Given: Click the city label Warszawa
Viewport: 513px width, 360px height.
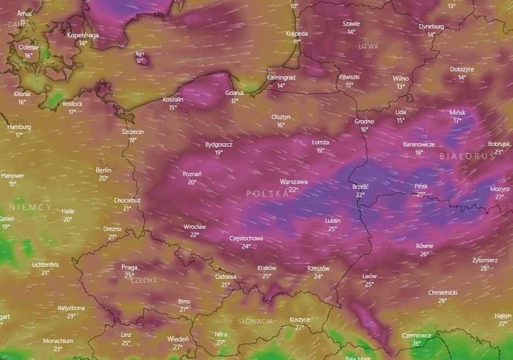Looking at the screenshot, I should (x=294, y=182).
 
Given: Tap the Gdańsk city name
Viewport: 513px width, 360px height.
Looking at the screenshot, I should (x=235, y=93).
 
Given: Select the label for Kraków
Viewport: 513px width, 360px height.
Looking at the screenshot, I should (x=267, y=268).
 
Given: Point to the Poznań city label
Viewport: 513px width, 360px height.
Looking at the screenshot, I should (x=192, y=174).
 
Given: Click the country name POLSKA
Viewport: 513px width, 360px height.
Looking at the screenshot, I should (x=268, y=193).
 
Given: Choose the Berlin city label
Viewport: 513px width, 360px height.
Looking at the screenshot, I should (x=104, y=170).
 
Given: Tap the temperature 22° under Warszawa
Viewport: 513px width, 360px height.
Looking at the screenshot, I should (x=294, y=189).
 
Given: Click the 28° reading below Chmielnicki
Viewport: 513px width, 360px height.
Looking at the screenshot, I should (x=442, y=301).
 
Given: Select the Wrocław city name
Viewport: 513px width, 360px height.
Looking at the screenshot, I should (x=195, y=227).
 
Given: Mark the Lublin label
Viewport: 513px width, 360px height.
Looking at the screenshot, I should (x=332, y=221).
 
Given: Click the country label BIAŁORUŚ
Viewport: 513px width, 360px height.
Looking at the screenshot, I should (x=467, y=156).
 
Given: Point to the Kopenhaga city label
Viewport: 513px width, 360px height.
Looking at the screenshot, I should (x=83, y=35).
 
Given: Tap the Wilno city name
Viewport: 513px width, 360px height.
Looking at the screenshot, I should (x=401, y=78).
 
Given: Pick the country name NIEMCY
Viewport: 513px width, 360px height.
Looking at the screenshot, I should (x=30, y=207).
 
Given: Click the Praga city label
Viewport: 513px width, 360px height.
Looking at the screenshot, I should (x=129, y=267).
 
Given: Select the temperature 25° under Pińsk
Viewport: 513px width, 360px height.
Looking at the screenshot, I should (x=421, y=194).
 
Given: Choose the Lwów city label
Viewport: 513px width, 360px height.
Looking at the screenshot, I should (x=369, y=276).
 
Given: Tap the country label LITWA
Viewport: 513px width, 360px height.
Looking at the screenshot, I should (x=368, y=47).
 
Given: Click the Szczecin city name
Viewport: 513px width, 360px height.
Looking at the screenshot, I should (x=133, y=132).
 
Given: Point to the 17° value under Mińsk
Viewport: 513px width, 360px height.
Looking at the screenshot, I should (x=457, y=120).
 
